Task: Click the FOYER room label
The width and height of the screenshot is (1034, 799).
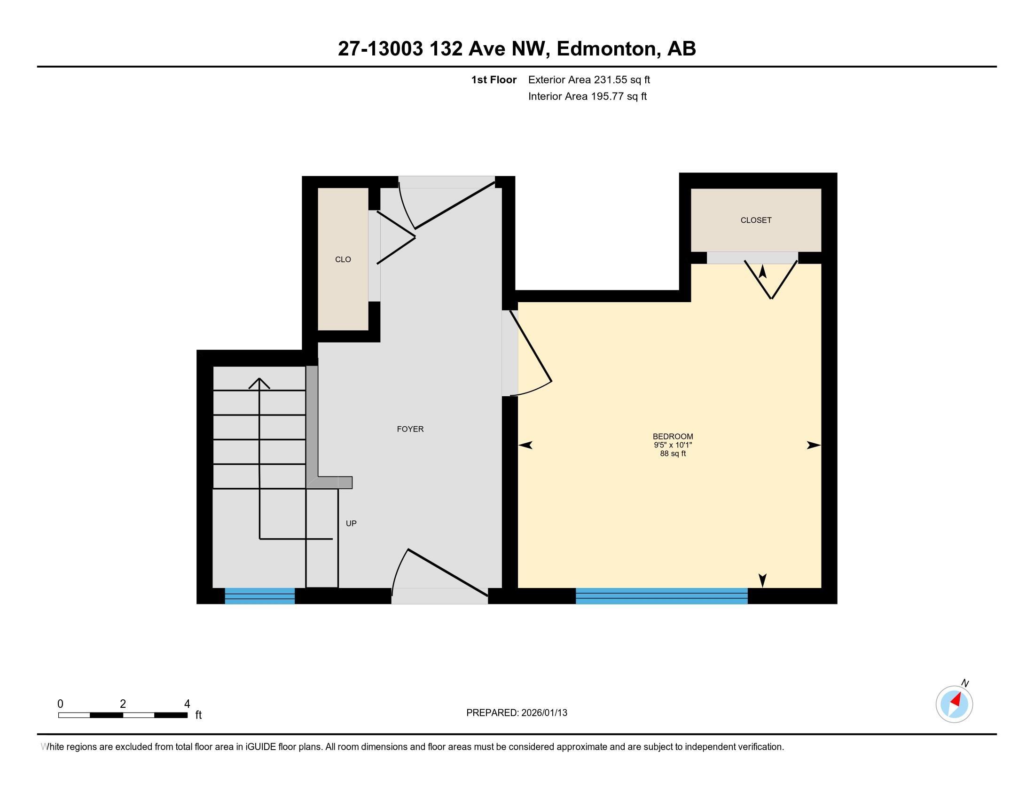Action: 410,429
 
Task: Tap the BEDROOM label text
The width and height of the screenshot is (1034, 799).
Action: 672,437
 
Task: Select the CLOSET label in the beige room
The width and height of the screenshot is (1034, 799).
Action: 756,220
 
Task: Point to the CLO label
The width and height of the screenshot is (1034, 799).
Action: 343,259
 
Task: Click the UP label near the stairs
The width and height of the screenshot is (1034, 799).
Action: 351,523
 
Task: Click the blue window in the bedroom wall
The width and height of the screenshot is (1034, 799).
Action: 661,595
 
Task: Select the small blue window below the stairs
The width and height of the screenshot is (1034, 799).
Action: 259,595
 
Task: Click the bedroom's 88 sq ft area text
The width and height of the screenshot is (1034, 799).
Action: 673,454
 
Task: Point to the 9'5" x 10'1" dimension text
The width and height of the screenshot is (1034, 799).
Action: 673,445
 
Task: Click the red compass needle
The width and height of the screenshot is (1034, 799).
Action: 956,700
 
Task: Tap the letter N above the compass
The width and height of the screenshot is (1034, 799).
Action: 965,683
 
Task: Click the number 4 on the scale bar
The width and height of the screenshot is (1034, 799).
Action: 187,704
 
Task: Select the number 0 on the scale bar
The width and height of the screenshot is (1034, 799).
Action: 60,704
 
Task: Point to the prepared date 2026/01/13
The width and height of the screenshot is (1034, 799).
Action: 543,713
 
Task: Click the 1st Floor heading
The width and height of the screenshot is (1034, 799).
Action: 493,79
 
